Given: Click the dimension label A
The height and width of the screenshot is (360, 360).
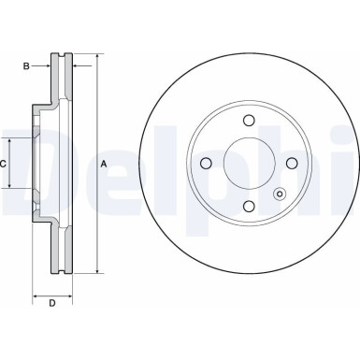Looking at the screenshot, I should pyautogui.click(x=103, y=165).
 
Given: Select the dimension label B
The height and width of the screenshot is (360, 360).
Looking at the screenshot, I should pyautogui.click(x=28, y=65).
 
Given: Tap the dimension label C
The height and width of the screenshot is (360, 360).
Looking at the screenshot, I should pyautogui.click(x=5, y=164).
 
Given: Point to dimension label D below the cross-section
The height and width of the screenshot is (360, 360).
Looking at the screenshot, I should pyautogui.click(x=52, y=302).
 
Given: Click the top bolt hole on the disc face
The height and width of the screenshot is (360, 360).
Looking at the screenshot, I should pyautogui.click(x=248, y=120).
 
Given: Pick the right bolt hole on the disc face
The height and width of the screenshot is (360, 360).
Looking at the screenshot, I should pyautogui.click(x=292, y=164).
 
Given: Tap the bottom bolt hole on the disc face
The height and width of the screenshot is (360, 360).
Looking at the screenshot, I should pyautogui.click(x=248, y=207).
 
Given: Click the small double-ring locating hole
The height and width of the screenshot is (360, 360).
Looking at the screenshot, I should pyautogui.click(x=278, y=194).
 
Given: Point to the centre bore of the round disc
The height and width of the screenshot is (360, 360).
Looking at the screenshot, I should pyautogui.click(x=248, y=164).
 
